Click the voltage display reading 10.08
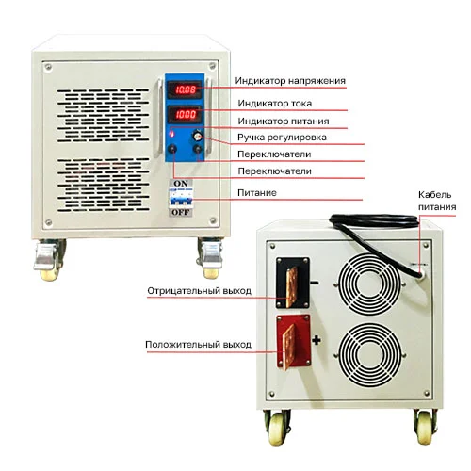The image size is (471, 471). pyautogui.click(x=185, y=89)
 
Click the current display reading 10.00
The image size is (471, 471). pyautogui.click(x=185, y=114)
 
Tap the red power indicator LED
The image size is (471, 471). pyautogui.click(x=171, y=134)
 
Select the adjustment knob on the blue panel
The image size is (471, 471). pyautogui.click(x=198, y=136)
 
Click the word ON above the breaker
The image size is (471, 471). pyautogui.click(x=181, y=184)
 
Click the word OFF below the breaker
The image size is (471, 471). pyautogui.click(x=181, y=213)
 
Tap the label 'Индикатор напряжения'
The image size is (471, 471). pyautogui.click(x=290, y=81)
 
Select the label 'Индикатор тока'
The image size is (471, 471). pyautogui.click(x=275, y=104)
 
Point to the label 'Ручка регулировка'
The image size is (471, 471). pyautogui.click(x=282, y=138)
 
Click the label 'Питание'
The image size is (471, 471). pyautogui.click(x=257, y=192)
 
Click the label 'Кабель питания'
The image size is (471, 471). pyautogui.click(x=437, y=201)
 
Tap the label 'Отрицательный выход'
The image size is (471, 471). pyautogui.click(x=199, y=291)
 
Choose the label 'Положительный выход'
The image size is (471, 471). pyautogui.click(x=198, y=345)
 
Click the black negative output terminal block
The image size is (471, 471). pyautogui.click(x=293, y=283)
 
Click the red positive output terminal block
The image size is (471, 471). pyautogui.click(x=294, y=341)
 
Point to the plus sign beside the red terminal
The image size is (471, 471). pyautogui.click(x=317, y=340)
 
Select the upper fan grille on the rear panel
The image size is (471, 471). pyautogui.click(x=369, y=284)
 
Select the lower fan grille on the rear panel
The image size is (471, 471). pyautogui.click(x=370, y=354)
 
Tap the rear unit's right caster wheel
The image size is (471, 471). pyautogui.click(x=425, y=426)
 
